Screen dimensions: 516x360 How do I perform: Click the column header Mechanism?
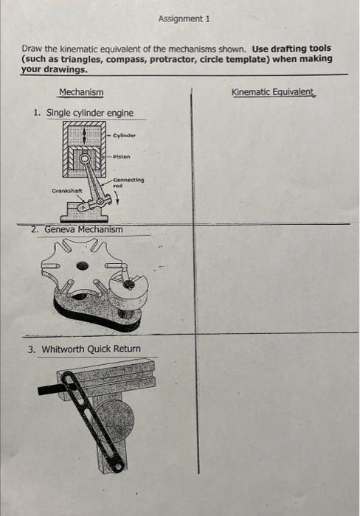pos(81,93)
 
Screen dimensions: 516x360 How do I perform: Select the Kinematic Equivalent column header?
pos(272,93)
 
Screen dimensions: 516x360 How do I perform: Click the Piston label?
pos(122,156)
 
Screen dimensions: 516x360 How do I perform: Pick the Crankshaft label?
pos(66,191)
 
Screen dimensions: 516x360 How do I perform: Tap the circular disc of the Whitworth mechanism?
pos(115,421)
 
